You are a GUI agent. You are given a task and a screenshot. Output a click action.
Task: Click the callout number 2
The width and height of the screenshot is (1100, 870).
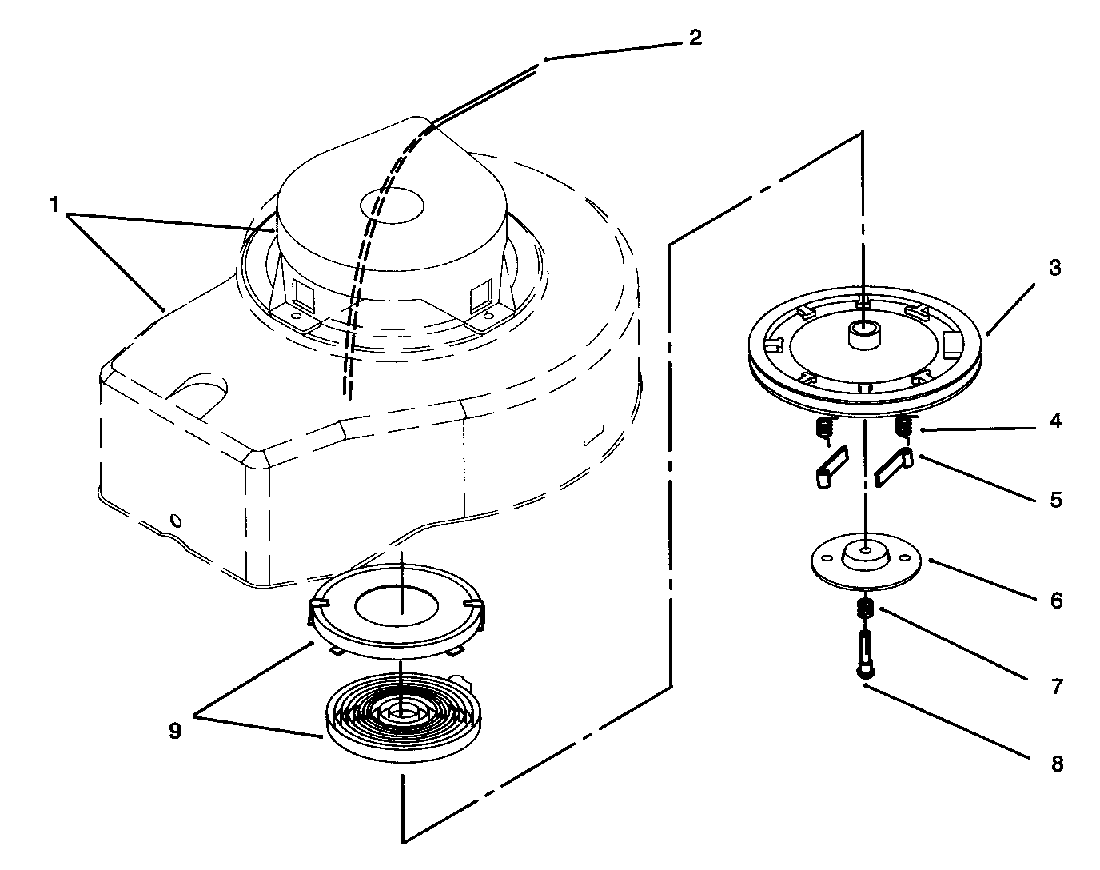pos(695,38)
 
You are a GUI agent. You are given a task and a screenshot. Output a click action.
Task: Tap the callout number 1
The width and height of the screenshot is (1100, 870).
pos(54,206)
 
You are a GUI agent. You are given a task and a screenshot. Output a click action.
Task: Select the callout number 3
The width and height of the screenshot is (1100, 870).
pos(1055,268)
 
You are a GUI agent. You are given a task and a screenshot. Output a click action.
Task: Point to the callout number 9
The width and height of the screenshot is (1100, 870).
pos(175,731)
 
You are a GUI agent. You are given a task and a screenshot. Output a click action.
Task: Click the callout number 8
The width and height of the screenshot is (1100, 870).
pos(1057,764)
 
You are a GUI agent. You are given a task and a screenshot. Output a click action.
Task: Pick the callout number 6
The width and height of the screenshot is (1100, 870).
pos(1056,600)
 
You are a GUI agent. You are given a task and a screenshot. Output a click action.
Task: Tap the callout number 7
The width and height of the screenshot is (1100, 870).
pos(1056,686)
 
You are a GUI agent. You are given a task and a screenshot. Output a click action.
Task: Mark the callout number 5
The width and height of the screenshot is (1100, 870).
pos(1056,500)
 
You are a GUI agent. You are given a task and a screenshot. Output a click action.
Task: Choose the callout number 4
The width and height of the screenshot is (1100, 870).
pos(1056,421)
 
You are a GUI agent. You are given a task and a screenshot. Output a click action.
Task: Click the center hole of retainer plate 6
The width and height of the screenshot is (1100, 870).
pos(866,550)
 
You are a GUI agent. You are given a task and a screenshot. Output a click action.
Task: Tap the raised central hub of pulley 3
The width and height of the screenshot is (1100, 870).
pos(864,334)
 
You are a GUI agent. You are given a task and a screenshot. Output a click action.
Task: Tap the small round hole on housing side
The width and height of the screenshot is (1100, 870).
pos(176,521)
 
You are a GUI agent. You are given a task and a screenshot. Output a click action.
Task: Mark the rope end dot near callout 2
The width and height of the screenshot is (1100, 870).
pos(545,58)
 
